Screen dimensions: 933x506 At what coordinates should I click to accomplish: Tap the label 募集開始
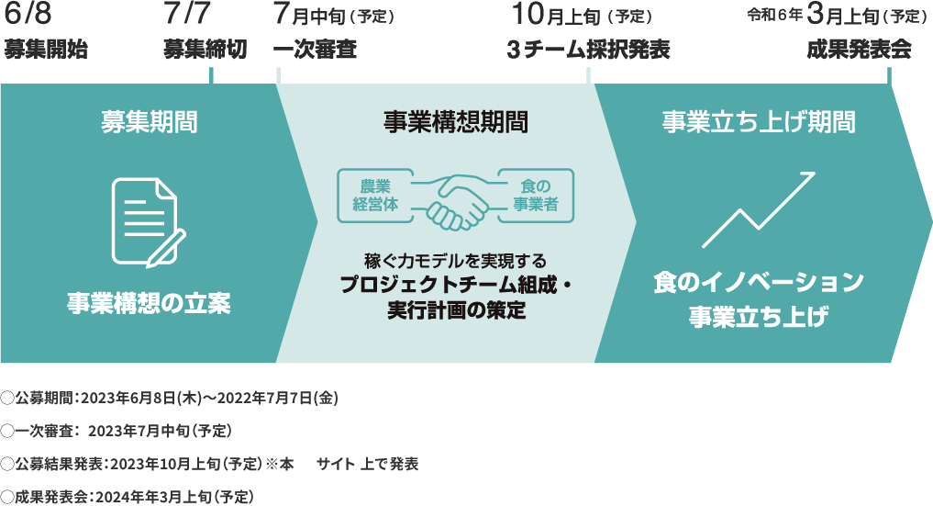[45, 50]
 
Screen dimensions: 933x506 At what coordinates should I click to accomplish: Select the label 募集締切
[205, 50]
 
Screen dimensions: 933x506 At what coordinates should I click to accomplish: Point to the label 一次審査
[315, 50]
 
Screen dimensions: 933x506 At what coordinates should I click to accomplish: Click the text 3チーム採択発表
[588, 50]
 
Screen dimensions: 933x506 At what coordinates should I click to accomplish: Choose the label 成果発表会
[859, 50]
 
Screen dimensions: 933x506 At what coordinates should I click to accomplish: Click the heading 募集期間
[149, 121]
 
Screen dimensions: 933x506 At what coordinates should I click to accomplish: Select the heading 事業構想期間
[455, 121]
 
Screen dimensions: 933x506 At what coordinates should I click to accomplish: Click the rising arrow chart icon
[759, 208]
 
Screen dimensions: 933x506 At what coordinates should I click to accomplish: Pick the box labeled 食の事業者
[535, 195]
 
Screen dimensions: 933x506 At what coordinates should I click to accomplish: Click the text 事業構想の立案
[148, 302]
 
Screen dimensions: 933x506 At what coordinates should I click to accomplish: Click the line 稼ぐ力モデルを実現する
[455, 262]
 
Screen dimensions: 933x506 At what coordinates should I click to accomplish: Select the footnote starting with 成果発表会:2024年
[128, 496]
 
